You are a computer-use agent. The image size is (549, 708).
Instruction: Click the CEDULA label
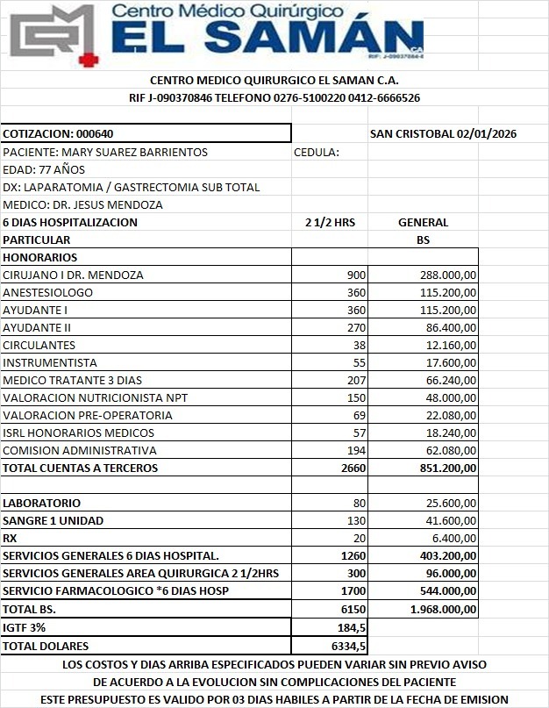pyautogui.click(x=316, y=152)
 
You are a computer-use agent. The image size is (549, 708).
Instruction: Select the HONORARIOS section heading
pyautogui.click(x=40, y=257)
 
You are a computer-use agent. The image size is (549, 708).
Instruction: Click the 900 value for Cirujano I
pyautogui.click(x=356, y=275)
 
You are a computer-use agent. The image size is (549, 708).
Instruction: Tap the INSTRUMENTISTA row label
pyautogui.click(x=50, y=362)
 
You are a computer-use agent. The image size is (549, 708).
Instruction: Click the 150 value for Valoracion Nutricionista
pyautogui.click(x=356, y=397)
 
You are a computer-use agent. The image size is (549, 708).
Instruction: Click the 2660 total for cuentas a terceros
pyautogui.click(x=353, y=468)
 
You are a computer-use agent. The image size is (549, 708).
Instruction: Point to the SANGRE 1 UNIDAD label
pyautogui.click(x=53, y=520)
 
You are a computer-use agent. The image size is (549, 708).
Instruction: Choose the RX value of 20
pyautogui.click(x=360, y=538)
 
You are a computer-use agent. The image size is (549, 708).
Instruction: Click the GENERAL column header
pyautogui.click(x=423, y=222)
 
